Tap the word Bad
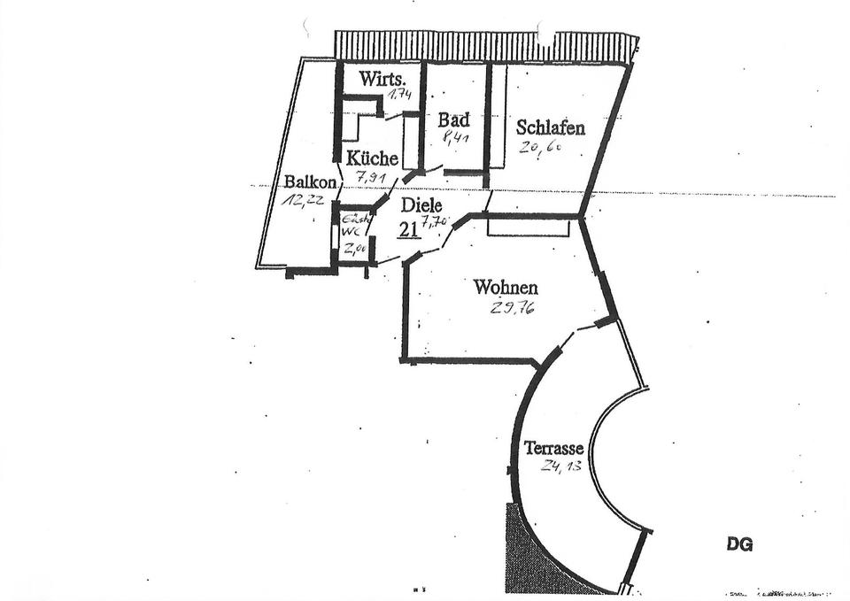coord(454,119)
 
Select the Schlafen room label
coord(550,127)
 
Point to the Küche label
coord(372,158)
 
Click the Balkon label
coord(310,182)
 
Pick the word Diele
coord(421,205)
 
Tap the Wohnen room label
coord(506,288)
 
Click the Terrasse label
coord(553,448)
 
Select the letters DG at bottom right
coord(739,544)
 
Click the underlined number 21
coord(408,229)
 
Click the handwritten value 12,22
coord(303,200)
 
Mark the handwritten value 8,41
coord(454,138)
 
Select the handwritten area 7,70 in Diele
coord(433,224)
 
